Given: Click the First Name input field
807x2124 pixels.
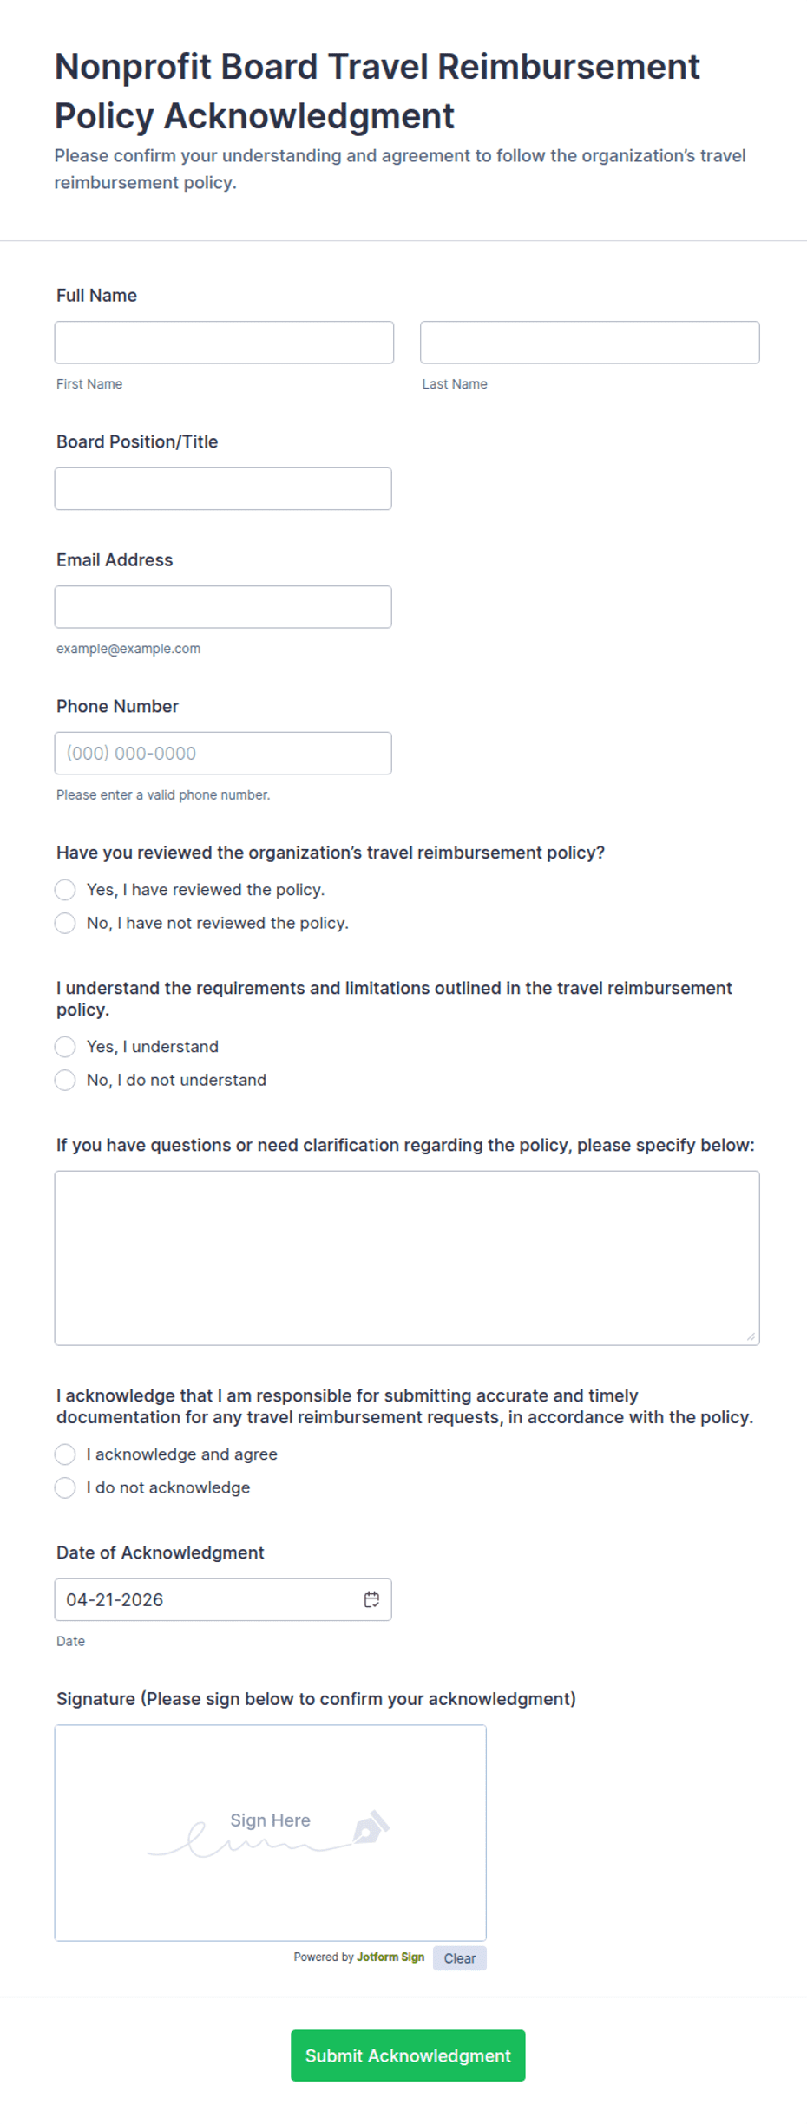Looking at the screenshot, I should pyautogui.click(x=224, y=343).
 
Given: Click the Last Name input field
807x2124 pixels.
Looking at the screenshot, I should pyautogui.click(x=589, y=343).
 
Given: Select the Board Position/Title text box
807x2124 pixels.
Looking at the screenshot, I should pyautogui.click(x=223, y=489).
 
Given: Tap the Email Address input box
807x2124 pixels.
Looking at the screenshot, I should pyautogui.click(x=223, y=607).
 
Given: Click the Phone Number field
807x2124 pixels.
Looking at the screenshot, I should pyautogui.click(x=223, y=754).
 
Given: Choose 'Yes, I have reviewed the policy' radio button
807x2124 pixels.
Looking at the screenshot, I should pyautogui.click(x=65, y=890).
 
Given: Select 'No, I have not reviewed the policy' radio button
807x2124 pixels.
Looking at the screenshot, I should pyautogui.click(x=65, y=923).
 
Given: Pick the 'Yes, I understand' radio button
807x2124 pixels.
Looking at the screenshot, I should pyautogui.click(x=65, y=1047).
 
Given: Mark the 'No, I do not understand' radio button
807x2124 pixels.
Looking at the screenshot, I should pyautogui.click(x=65, y=1080).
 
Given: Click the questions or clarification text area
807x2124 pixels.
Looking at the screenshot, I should pyautogui.click(x=407, y=1258).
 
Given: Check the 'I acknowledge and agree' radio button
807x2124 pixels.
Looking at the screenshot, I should pyautogui.click(x=65, y=1454).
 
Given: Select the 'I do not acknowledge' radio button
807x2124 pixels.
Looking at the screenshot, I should pyautogui.click(x=65, y=1487).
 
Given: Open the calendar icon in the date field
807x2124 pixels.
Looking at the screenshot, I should pyautogui.click(x=371, y=1600).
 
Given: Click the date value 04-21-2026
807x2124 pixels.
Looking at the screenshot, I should pyautogui.click(x=115, y=1600).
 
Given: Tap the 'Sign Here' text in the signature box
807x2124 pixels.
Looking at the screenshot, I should pyautogui.click(x=270, y=1820).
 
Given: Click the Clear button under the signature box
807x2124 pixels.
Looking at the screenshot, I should pyautogui.click(x=460, y=1958).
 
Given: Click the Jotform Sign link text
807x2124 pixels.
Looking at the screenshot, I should pyautogui.click(x=390, y=1957).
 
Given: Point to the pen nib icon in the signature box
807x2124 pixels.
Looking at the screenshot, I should pyautogui.click(x=371, y=1827).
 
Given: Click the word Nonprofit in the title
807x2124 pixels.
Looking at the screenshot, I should pyautogui.click(x=133, y=67).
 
